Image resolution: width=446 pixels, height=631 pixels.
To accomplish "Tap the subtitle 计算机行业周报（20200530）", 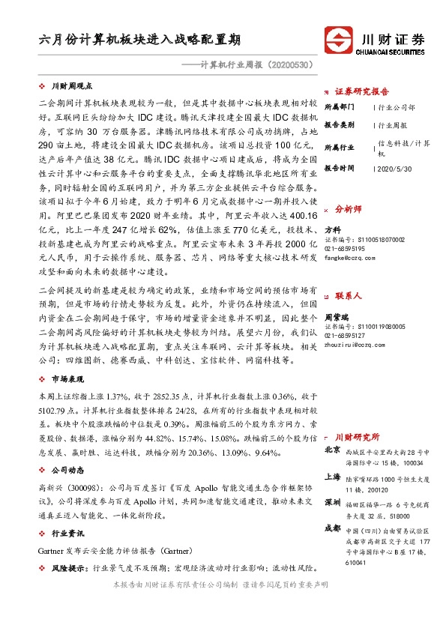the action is coord(252,65).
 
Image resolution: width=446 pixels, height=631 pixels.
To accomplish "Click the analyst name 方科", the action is coord(333,229).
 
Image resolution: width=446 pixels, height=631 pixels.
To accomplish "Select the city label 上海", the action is coord(333,477).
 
